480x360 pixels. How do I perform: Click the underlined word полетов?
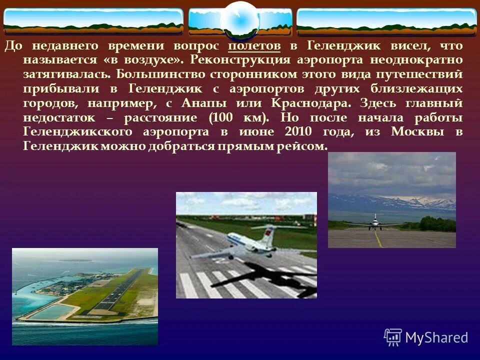tap(254, 46)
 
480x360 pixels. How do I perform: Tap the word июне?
tap(255, 132)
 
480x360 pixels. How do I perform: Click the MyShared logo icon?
tap(392, 337)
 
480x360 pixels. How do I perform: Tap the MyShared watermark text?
tap(436, 337)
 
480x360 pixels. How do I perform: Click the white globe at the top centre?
tap(239, 20)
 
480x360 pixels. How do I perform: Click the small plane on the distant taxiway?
tap(375, 222)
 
